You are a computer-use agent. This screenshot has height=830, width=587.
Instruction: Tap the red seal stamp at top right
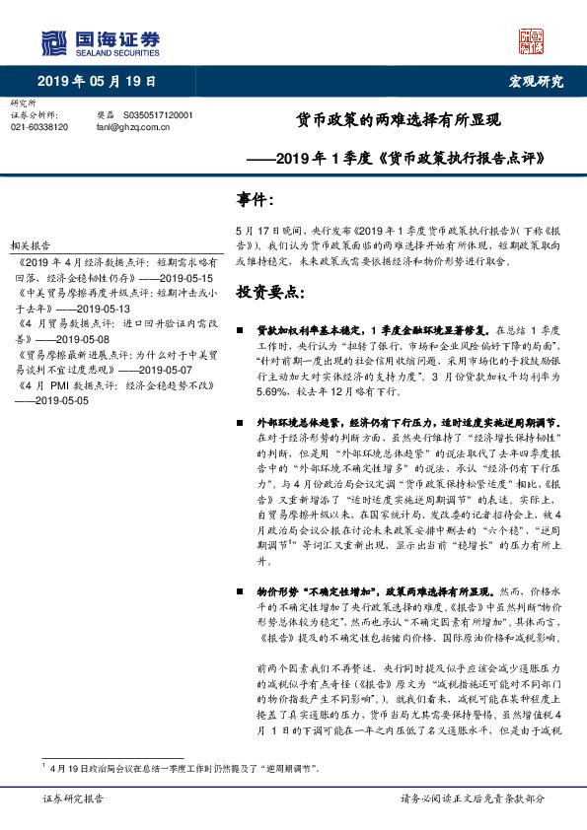point(532,40)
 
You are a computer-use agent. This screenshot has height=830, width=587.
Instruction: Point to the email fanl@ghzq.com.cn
point(132,127)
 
